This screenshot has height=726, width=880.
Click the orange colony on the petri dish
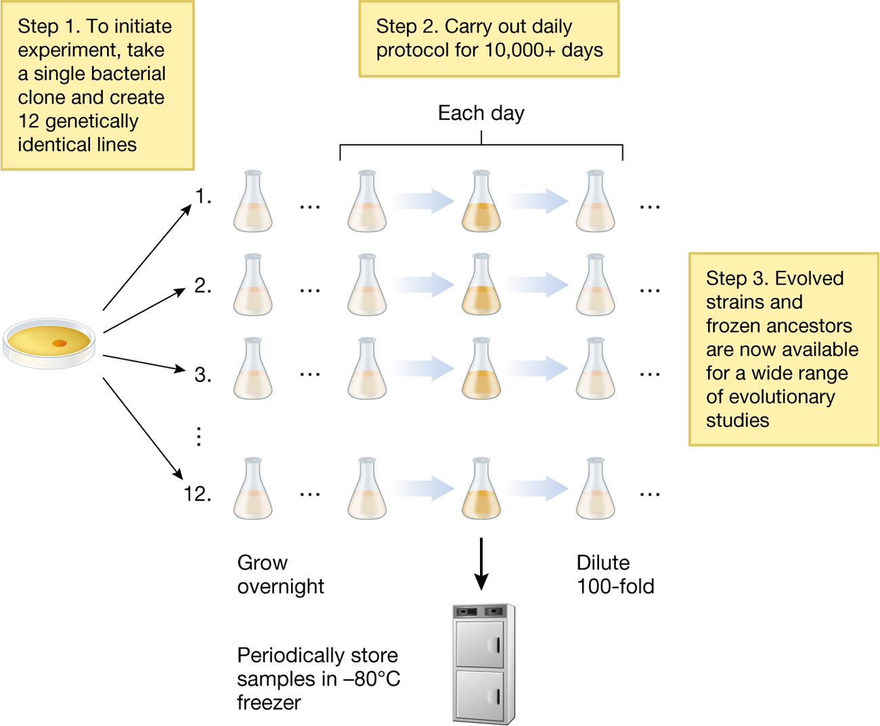[60, 343]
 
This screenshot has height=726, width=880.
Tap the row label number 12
[197, 494]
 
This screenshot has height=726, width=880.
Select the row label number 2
[202, 286]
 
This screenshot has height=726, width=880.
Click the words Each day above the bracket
[481, 113]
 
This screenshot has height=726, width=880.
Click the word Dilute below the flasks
[602, 563]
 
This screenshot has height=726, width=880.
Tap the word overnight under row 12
[280, 586]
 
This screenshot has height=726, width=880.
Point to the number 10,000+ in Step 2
[524, 50]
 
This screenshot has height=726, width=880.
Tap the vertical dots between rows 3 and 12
[198, 436]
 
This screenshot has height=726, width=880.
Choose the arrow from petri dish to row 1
[147, 258]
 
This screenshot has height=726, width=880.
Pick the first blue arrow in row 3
[423, 369]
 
